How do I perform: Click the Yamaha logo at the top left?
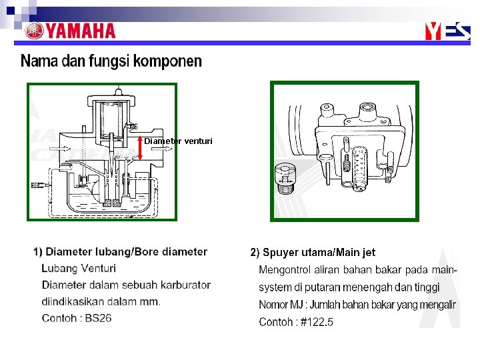tap(70, 31)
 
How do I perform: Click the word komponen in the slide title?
tap(167, 62)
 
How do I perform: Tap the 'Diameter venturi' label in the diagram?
tap(179, 141)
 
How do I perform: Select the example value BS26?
tap(97, 318)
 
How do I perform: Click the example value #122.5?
tap(317, 322)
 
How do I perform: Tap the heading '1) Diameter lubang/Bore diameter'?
tap(120, 252)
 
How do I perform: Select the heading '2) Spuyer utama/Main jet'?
tap(313, 253)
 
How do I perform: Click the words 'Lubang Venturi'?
tap(79, 269)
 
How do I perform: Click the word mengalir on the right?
tap(433, 305)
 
